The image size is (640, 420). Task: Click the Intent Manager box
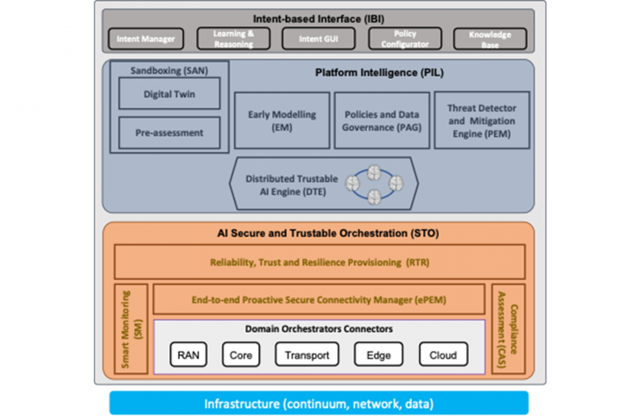(146, 39)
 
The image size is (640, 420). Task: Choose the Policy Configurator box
(404, 39)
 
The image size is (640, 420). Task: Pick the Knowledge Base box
(490, 39)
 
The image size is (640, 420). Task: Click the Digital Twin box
(169, 95)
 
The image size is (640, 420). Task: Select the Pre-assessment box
(169, 134)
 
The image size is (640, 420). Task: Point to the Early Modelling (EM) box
(281, 120)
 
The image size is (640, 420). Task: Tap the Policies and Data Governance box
(381, 120)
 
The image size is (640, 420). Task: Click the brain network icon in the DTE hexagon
(374, 184)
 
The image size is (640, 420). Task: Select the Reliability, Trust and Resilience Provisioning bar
(320, 261)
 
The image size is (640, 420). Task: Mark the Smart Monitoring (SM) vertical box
(131, 329)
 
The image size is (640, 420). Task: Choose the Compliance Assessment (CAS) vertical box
(508, 329)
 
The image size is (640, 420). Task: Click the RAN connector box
(187, 354)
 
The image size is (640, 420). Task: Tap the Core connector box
(241, 354)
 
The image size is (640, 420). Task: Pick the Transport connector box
(307, 354)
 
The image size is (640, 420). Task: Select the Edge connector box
(378, 354)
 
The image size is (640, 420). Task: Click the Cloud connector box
(443, 354)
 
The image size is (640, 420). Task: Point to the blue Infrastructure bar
(319, 404)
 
